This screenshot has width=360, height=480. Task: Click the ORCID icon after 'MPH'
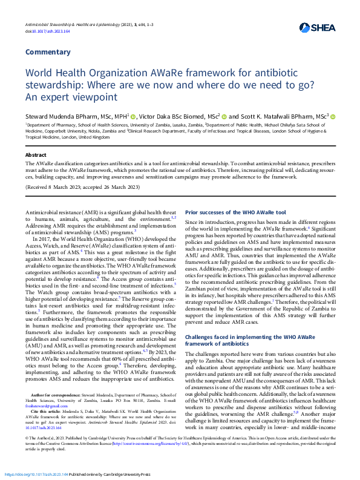point(134,116)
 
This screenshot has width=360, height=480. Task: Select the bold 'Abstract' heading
point(35,155)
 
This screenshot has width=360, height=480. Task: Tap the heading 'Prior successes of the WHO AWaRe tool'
point(235,212)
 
